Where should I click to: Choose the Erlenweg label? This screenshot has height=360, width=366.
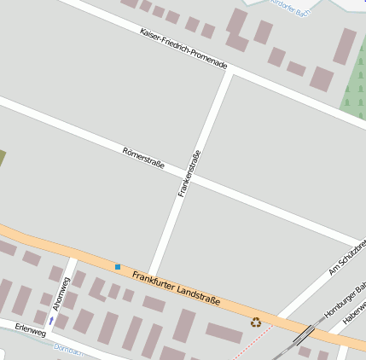pyautogui.click(x=30, y=330)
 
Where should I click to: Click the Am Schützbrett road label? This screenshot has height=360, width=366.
pyautogui.click(x=347, y=258)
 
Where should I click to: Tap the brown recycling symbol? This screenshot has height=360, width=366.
pyautogui.click(x=256, y=322)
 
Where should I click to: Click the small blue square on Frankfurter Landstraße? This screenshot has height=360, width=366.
pyautogui.click(x=118, y=267)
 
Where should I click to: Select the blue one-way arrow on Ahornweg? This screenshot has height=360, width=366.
pyautogui.click(x=51, y=320)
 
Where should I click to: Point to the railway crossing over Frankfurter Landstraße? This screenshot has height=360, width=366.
pyautogui.click(x=303, y=334)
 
